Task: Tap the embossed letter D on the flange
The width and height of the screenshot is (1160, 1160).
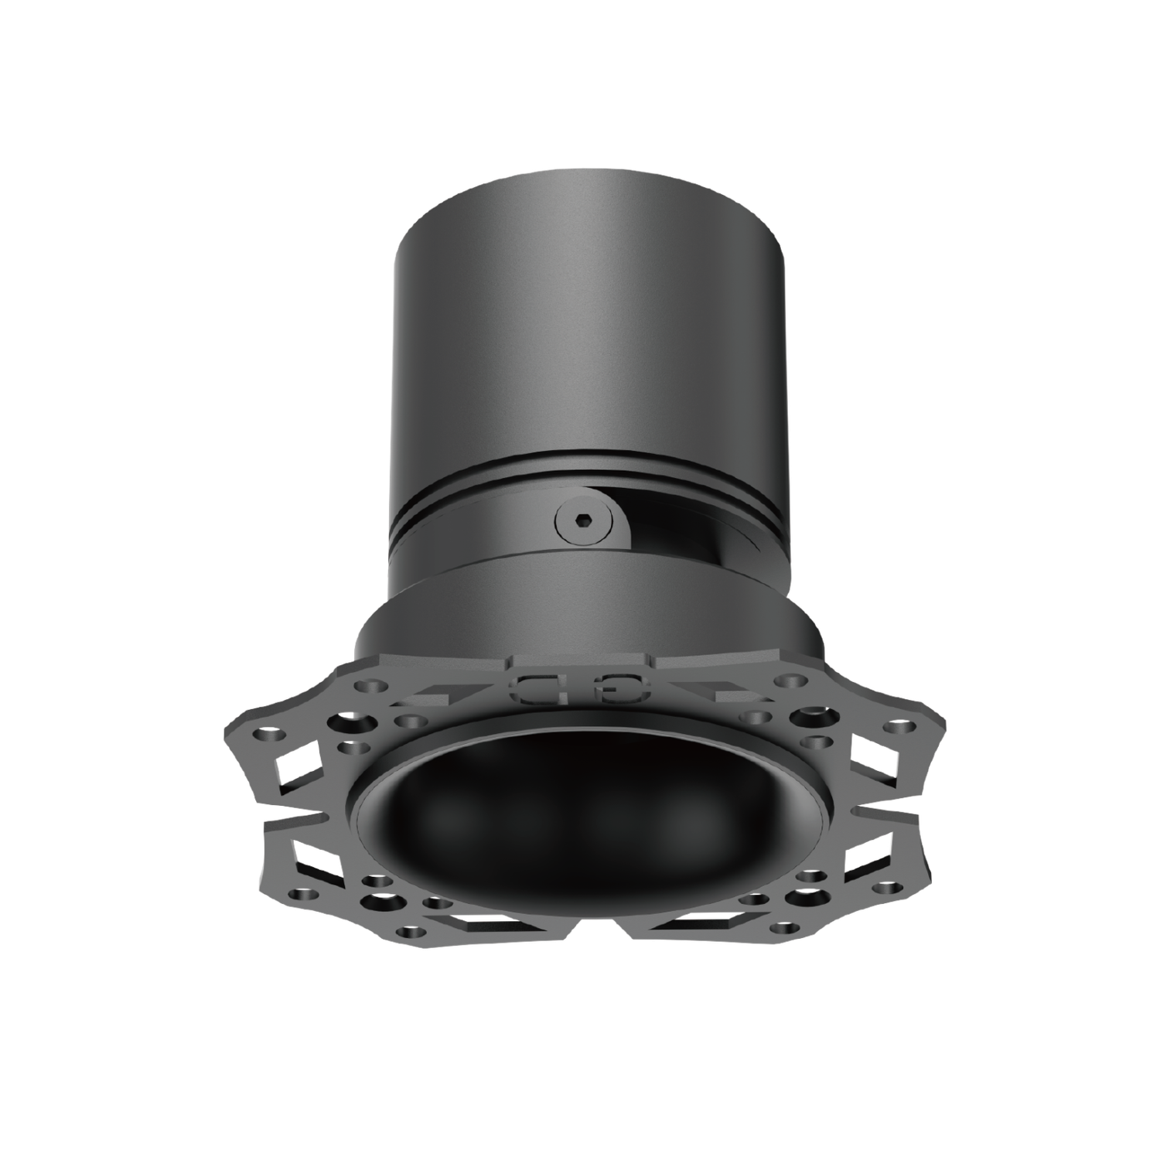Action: (x=535, y=688)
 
